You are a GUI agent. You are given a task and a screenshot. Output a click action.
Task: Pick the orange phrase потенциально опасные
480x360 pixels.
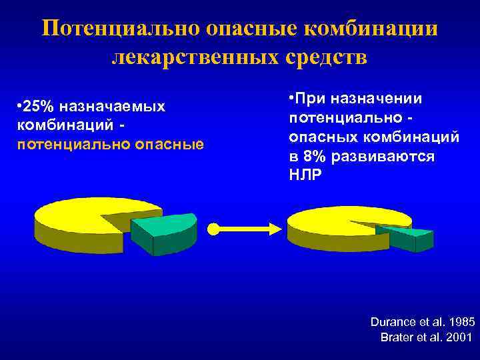pos(109,144)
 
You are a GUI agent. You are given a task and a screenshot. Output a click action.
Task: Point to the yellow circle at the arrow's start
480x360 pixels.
pos(213,229)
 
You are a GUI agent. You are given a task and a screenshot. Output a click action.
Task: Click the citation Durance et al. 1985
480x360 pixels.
pos(422,321)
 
